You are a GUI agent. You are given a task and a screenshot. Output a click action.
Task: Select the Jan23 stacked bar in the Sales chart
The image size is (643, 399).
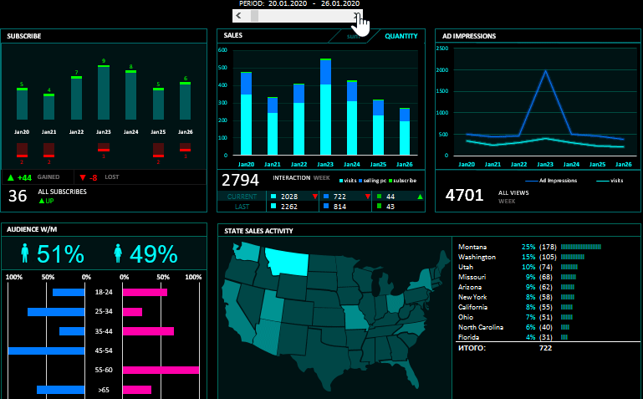[x=325, y=109]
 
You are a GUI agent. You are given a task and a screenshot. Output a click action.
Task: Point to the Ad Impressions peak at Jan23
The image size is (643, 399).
[x=546, y=71]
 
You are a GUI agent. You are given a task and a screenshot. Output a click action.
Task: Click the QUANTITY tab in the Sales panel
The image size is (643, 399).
[x=401, y=36]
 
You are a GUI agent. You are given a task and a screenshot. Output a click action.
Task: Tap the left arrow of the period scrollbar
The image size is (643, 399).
[x=239, y=16]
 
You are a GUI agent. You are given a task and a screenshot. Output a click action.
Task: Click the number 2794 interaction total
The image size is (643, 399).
[x=240, y=180]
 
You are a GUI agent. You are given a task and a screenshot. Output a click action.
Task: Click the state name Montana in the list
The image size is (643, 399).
[x=472, y=247]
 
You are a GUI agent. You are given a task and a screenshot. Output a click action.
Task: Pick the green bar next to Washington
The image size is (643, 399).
[x=573, y=257]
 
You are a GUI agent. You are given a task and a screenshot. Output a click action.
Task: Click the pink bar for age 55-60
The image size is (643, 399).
[x=161, y=370]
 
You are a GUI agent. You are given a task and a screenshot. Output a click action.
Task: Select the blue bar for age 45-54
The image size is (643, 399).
[x=47, y=350]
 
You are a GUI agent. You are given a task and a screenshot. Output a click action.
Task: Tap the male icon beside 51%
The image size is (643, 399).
[x=25, y=253]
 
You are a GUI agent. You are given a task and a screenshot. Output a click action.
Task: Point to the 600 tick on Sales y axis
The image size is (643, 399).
[x=223, y=50]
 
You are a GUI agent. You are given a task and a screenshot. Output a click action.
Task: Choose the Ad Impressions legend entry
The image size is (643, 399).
[x=557, y=181]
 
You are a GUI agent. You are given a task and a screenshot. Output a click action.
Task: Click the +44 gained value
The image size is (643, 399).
[x=24, y=177]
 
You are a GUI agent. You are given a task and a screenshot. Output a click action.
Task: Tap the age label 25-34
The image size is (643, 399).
[x=104, y=311]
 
